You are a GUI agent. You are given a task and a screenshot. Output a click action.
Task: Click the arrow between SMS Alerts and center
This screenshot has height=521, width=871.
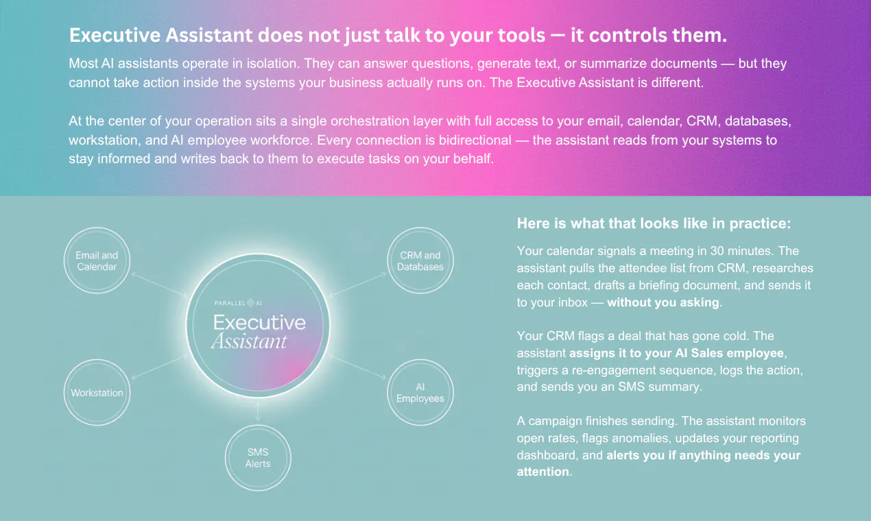258,412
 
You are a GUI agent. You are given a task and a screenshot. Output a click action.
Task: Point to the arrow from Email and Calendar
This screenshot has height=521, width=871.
159,285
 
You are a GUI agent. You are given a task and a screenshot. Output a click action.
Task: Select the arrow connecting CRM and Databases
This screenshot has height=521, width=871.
357,285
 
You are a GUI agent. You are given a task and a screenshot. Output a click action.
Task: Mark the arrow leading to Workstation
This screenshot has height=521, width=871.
159,367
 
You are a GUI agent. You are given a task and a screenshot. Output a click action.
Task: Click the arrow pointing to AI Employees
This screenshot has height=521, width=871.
357,367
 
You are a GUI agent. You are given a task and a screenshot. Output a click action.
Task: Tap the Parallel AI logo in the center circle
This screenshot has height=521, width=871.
238,303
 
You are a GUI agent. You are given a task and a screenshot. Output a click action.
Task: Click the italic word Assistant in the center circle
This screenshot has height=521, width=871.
249,341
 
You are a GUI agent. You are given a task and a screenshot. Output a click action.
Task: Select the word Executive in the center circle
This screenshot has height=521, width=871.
259,322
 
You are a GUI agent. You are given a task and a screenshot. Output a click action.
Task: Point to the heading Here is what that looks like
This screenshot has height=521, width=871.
654,223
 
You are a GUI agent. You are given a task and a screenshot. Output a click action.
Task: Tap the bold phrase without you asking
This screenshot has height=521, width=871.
663,302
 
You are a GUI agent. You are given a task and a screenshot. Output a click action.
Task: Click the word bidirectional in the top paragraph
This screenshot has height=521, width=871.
475,140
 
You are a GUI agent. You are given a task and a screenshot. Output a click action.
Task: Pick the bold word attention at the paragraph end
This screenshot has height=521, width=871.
542,472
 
